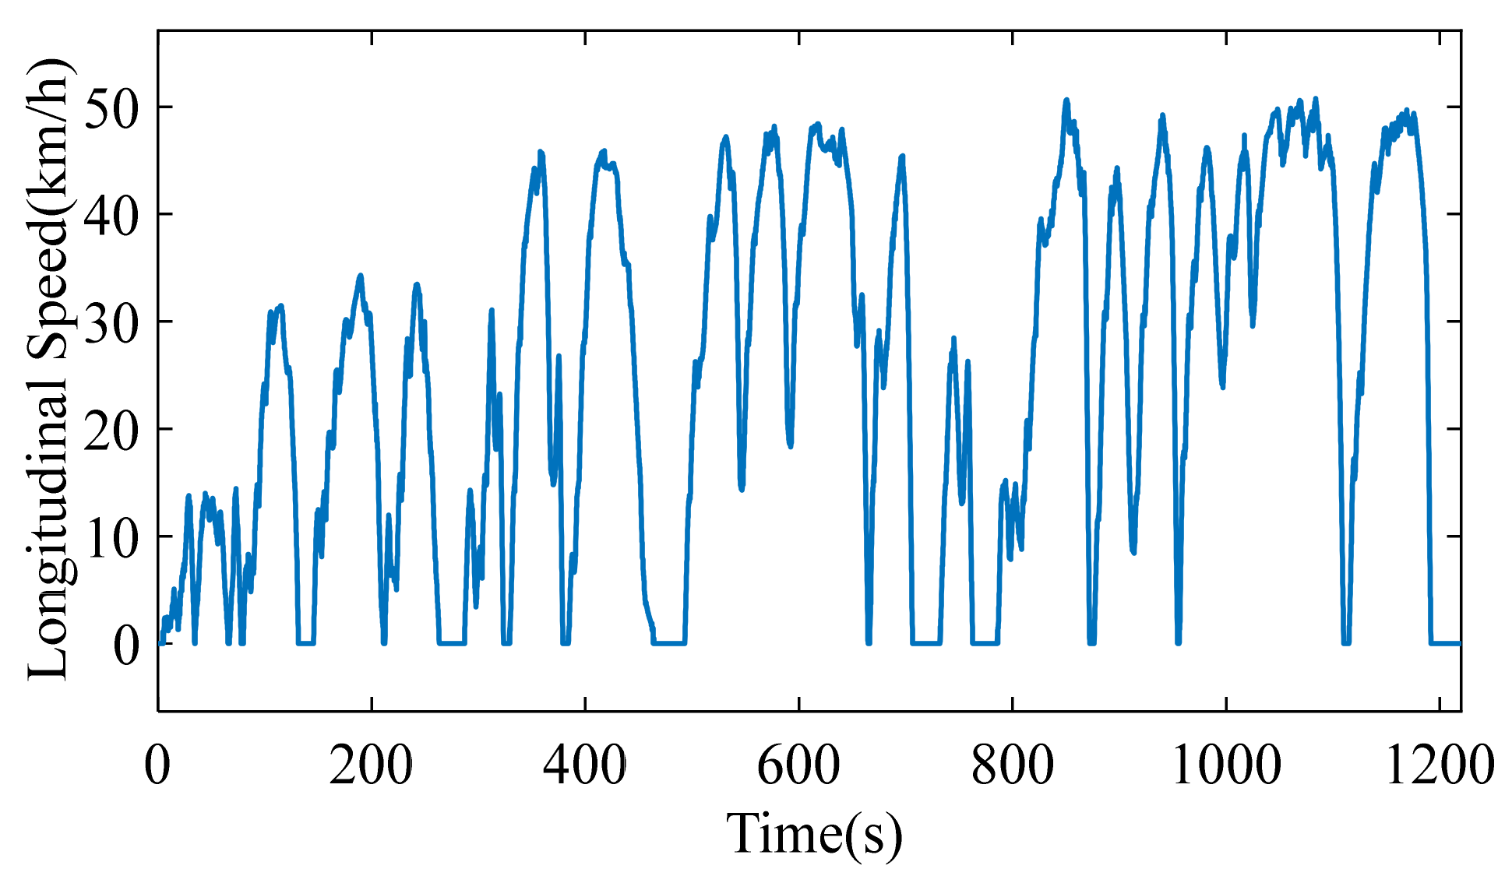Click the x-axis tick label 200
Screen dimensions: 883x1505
[371, 766]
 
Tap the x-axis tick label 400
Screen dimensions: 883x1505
[584, 766]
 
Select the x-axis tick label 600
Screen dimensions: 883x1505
[798, 766]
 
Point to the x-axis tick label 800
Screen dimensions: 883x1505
[1012, 766]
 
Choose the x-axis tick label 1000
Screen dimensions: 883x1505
[1226, 766]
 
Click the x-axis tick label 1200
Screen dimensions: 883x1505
[1440, 766]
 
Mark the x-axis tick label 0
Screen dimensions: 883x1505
[157, 766]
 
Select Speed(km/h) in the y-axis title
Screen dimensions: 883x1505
[48, 214]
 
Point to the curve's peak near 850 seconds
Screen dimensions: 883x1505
[1066, 101]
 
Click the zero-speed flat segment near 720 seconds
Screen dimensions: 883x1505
[926, 643]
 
